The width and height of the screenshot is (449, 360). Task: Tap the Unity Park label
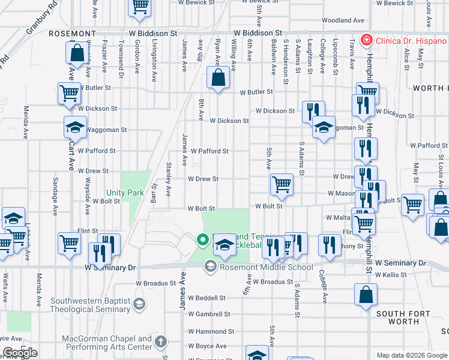click(125, 193)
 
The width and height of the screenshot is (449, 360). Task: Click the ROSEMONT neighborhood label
click(72, 33)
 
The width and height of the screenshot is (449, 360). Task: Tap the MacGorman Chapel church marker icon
click(160, 342)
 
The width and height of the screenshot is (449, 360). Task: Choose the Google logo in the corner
click(20, 353)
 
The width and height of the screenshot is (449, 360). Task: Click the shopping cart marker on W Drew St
click(281, 184)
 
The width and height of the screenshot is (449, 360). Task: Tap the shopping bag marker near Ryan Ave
click(217, 77)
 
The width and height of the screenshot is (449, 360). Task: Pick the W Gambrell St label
click(209, 314)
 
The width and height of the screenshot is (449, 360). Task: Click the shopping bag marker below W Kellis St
click(366, 295)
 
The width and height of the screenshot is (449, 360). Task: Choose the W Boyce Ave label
click(207, 346)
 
